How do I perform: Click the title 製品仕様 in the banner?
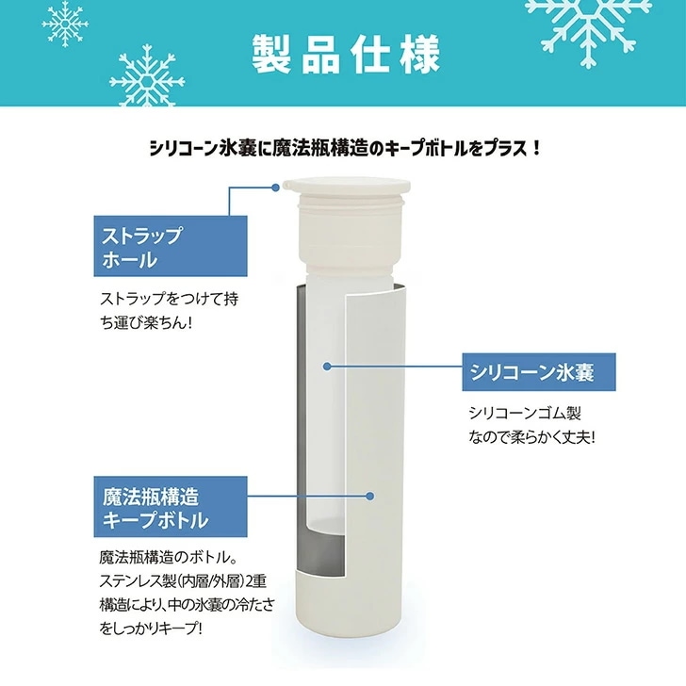(346, 55)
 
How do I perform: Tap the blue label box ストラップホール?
(171, 246)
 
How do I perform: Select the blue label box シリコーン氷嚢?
(539, 372)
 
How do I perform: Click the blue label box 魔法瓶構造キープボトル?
(171, 507)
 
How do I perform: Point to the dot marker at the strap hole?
(275, 188)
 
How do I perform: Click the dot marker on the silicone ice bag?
(326, 366)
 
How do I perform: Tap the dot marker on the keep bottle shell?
(370, 496)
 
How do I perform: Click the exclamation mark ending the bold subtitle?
(537, 149)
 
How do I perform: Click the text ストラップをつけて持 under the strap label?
(170, 300)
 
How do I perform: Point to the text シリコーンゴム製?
(525, 413)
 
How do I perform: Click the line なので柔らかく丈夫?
(532, 437)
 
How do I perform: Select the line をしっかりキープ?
(152, 629)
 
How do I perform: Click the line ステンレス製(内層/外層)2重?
(183, 581)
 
